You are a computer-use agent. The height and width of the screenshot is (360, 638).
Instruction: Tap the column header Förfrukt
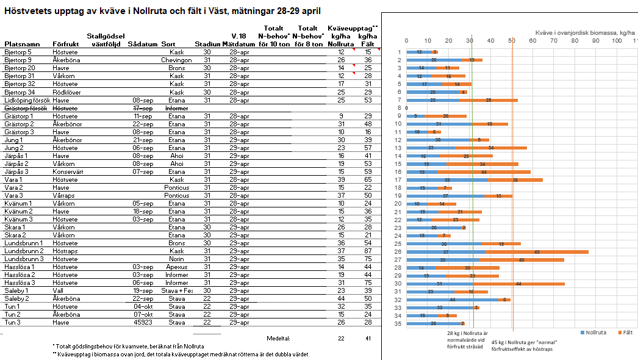click(65, 44)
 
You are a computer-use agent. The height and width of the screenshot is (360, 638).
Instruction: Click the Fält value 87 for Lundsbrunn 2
click(368, 251)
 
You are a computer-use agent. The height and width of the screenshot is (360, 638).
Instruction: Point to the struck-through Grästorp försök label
click(26, 108)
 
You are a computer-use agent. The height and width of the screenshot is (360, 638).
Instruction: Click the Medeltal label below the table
click(278, 338)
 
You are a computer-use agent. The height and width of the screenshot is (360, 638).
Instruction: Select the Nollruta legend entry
click(595, 333)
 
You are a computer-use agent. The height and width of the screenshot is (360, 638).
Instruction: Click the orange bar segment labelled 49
click(537, 251)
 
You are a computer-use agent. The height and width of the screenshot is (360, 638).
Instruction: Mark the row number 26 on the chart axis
click(399, 251)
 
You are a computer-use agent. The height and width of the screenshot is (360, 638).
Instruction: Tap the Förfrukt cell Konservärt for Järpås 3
click(68, 171)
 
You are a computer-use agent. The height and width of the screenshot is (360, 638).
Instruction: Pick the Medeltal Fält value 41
click(368, 338)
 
